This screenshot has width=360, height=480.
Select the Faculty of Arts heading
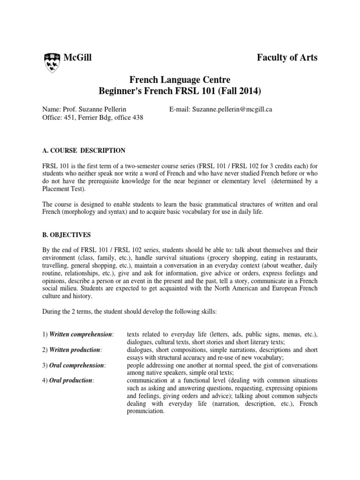point(287,58)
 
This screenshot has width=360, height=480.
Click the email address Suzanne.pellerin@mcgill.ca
point(232,109)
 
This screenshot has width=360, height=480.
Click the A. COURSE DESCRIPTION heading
point(84,150)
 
